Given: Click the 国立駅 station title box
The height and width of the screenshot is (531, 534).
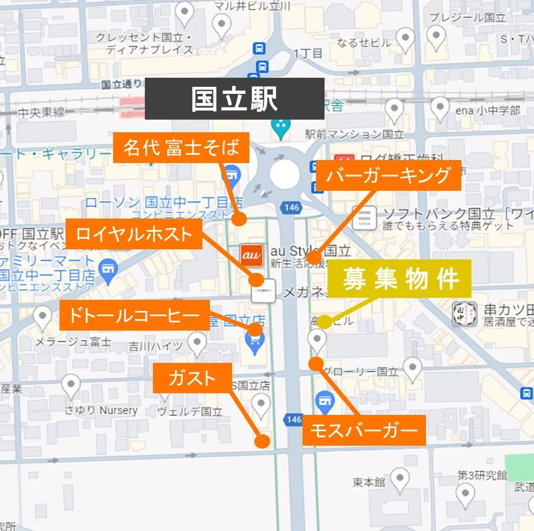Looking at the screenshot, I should pos(234,99).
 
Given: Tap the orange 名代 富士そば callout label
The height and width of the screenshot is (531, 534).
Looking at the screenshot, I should pos(181,148).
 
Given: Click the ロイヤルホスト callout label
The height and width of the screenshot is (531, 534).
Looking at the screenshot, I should pos(134,234).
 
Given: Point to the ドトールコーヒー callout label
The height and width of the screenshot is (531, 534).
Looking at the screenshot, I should pos(134,315).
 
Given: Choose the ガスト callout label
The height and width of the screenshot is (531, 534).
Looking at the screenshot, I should pos(192,378).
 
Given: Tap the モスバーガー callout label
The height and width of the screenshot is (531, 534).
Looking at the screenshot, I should pos(364,431).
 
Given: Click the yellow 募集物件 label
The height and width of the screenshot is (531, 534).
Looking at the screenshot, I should pos(400,279).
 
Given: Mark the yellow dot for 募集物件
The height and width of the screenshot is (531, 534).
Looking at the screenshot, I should pos(325,322).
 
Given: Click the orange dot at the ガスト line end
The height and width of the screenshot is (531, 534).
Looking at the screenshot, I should pos(262,441).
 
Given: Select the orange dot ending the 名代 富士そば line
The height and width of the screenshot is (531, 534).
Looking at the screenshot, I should pos(239,219).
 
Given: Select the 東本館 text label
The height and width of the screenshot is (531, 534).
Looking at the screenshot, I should pos(368,483).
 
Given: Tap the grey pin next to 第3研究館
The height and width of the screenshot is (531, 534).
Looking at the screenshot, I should pos(465,493).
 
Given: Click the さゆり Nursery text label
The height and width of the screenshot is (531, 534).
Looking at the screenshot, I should pos(101,410).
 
